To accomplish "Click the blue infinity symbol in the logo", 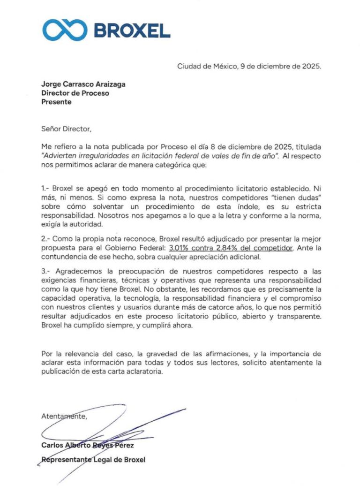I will click(x=65, y=30).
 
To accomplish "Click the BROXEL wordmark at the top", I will click(x=132, y=30).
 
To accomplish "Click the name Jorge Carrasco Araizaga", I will click(x=83, y=84).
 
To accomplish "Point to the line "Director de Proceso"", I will click(x=75, y=93).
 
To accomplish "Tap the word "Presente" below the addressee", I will click(x=57, y=102).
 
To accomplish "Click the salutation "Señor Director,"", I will click(x=64, y=128).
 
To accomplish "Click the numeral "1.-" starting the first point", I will click(x=45, y=188).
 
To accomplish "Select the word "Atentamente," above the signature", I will click(x=64, y=416).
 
